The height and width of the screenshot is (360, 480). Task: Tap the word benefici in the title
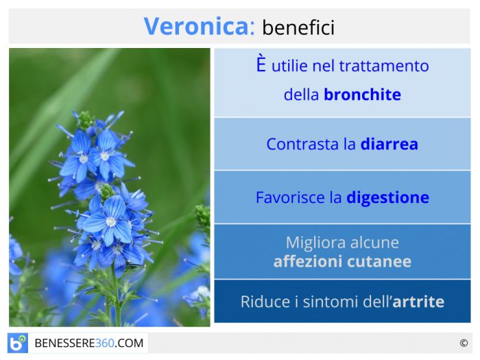click(298, 27)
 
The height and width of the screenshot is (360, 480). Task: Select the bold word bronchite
click(363, 95)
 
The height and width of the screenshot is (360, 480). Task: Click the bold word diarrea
click(389, 144)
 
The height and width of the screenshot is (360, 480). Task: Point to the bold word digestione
click(388, 198)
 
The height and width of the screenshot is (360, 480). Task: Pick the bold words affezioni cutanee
click(342, 262)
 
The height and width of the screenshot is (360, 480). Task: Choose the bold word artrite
click(418, 302)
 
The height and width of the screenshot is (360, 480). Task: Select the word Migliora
click(316, 243)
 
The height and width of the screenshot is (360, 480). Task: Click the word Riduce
click(265, 302)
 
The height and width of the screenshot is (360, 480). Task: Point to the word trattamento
click(384, 66)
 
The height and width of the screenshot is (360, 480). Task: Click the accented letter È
click(261, 63)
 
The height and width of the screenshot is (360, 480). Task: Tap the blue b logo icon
click(18, 343)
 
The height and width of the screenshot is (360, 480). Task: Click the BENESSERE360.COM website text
click(89, 343)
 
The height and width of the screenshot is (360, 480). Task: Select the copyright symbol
click(464, 343)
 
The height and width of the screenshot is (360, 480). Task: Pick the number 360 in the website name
click(105, 343)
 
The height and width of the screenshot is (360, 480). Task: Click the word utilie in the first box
click(289, 66)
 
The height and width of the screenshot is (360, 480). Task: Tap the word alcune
click(374, 243)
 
